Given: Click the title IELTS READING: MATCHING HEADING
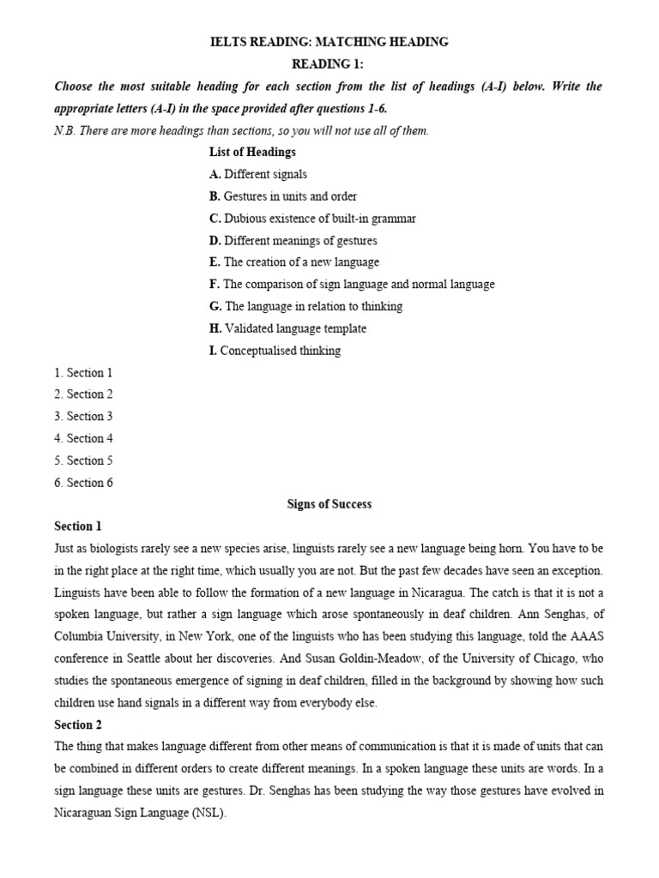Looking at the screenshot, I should click(329, 41).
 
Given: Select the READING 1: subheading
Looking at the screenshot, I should click(329, 63).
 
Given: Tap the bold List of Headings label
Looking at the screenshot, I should click(252, 152).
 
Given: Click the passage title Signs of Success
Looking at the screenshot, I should click(329, 504).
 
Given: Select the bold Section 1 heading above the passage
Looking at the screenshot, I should click(77, 526).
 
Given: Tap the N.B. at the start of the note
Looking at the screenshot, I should click(64, 130).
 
